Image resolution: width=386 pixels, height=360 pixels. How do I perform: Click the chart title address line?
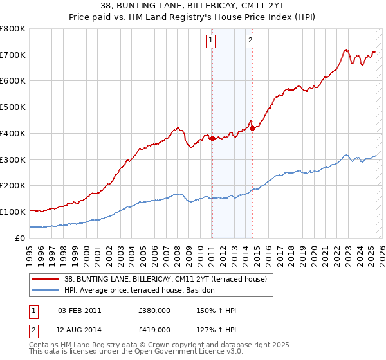[192, 6]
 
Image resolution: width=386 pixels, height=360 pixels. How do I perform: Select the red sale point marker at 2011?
[212, 138]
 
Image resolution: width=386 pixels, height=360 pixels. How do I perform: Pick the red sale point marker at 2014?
[252, 128]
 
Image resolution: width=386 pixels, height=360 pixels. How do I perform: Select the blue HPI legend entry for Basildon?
[142, 290]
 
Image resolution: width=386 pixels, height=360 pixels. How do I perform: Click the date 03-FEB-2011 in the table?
[80, 310]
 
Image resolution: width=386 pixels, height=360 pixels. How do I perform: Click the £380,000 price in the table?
[154, 310]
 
